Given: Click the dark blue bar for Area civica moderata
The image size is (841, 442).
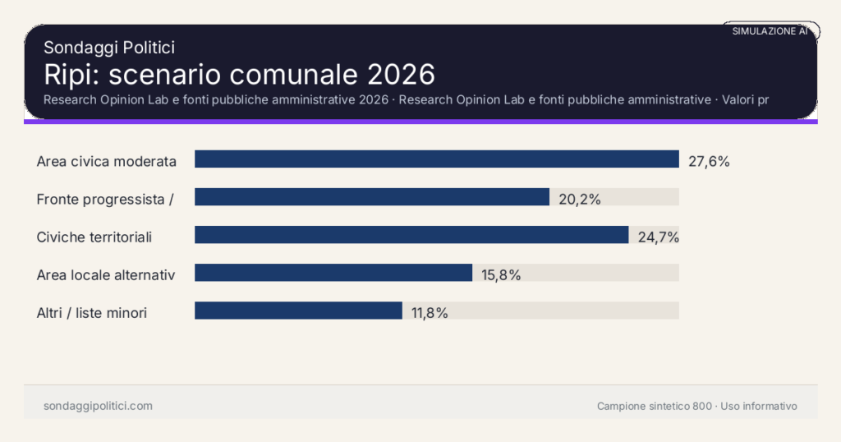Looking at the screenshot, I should tap(436, 159).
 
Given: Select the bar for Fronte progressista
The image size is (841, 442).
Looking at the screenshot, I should tap(371, 197).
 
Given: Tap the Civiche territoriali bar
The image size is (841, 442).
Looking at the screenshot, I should tap(411, 235).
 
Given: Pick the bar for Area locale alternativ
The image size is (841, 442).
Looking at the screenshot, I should tap(333, 273).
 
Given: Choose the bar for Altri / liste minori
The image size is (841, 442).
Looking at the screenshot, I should tap(297, 311).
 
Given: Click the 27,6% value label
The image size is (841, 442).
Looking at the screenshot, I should tap(708, 161).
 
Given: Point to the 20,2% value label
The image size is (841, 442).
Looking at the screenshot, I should tap(580, 199).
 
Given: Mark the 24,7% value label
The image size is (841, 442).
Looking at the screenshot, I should tap(659, 237).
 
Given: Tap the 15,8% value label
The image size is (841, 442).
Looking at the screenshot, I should tap(501, 274).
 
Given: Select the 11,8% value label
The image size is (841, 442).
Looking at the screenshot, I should tap(430, 312).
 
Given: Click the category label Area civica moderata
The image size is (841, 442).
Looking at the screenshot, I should tap(107, 161).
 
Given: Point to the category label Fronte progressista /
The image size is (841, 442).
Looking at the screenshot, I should tap(105, 199).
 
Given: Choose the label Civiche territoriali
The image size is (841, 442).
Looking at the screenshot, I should tap(94, 237).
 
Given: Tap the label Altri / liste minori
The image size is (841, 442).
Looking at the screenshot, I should tap(92, 312).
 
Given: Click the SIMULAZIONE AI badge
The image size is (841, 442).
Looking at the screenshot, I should tap(770, 31).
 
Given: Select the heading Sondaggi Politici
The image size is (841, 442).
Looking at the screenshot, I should tap(109, 48).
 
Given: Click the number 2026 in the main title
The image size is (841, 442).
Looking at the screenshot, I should tap(400, 74).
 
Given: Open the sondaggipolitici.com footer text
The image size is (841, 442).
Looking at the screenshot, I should tap(98, 406).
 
